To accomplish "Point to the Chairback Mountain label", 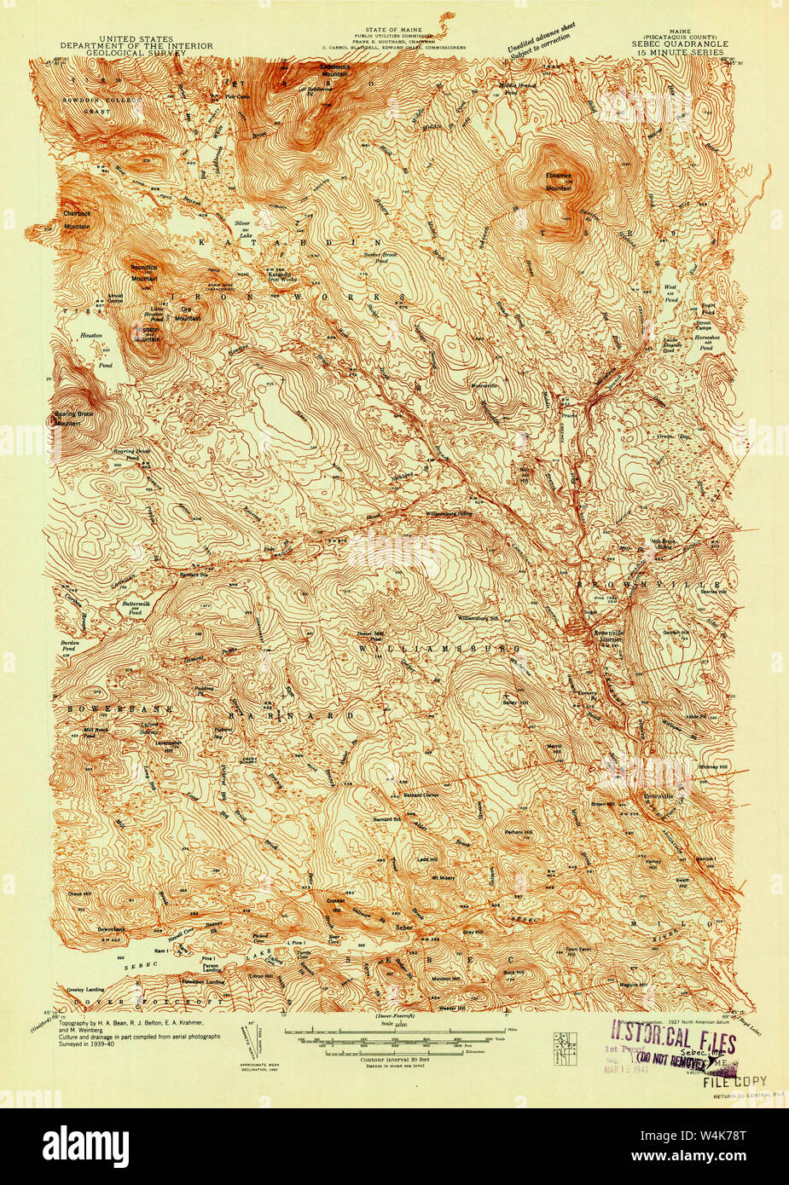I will [x=76, y=220].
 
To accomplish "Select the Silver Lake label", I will [x=245, y=227].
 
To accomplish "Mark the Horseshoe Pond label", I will [x=705, y=344].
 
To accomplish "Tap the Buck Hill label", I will [x=513, y=972].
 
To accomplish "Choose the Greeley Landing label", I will [x=84, y=989].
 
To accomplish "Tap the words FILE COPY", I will [x=734, y=1081].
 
